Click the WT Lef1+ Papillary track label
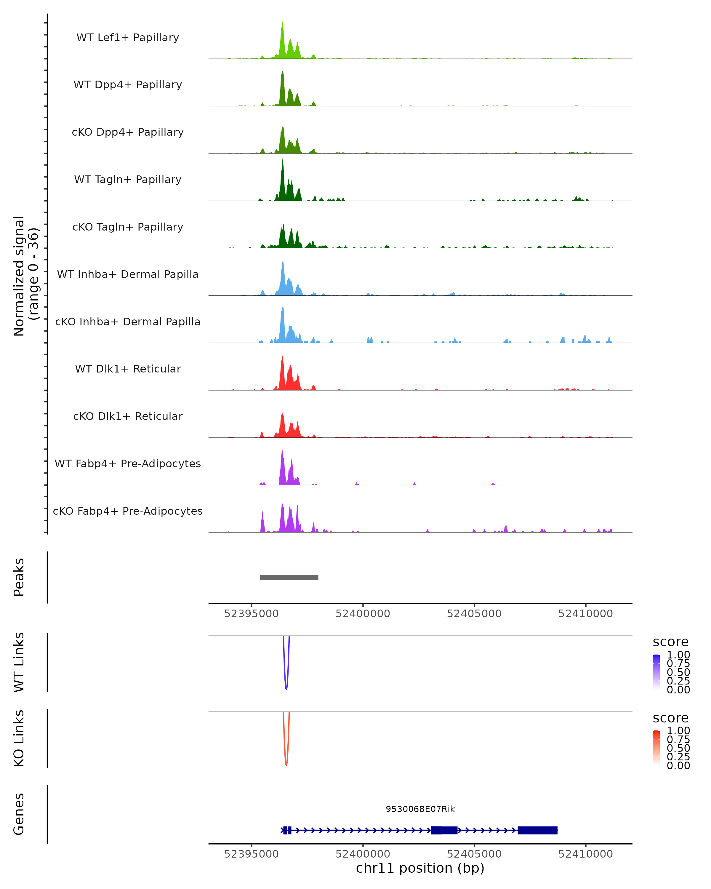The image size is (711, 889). [x=128, y=38]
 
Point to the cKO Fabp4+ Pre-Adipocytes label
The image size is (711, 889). [x=128, y=511]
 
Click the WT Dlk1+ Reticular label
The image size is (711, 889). [x=128, y=369]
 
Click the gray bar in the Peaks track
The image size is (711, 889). [x=289, y=577]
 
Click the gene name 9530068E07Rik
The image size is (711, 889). [x=420, y=809]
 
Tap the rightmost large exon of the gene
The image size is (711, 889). [x=537, y=830]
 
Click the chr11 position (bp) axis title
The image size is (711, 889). [x=420, y=868]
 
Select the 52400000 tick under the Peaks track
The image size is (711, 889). [x=363, y=614]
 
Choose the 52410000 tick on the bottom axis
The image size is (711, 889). [x=585, y=854]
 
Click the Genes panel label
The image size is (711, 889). [x=19, y=814]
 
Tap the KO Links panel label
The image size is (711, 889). [x=19, y=738]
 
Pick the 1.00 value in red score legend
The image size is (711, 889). [x=678, y=731]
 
